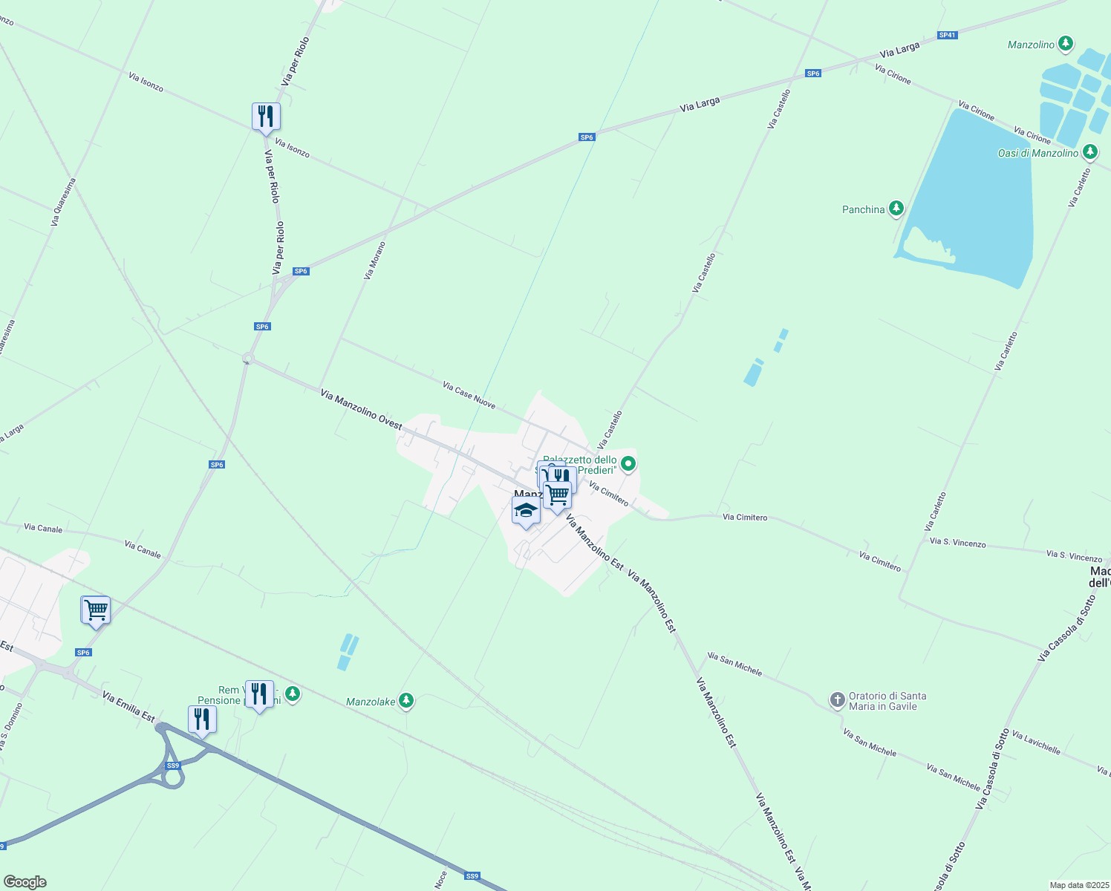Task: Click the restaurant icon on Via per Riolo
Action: click(266, 117)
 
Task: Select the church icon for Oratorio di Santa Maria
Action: click(837, 699)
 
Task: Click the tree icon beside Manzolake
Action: click(405, 700)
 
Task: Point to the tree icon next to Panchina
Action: click(896, 209)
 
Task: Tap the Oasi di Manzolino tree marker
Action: click(1089, 152)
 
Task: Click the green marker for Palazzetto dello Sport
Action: click(628, 465)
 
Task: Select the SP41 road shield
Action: click(947, 35)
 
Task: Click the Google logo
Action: click(25, 882)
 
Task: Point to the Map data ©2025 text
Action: click(1078, 885)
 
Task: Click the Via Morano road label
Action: click(374, 261)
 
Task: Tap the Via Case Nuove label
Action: click(469, 395)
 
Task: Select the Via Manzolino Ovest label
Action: click(361, 409)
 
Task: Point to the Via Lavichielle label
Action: click(1036, 742)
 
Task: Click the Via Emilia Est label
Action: click(128, 707)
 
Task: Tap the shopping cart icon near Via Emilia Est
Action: click(96, 610)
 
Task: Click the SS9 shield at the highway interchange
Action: click(173, 766)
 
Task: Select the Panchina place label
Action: click(863, 210)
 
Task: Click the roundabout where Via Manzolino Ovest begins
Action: click(248, 359)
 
